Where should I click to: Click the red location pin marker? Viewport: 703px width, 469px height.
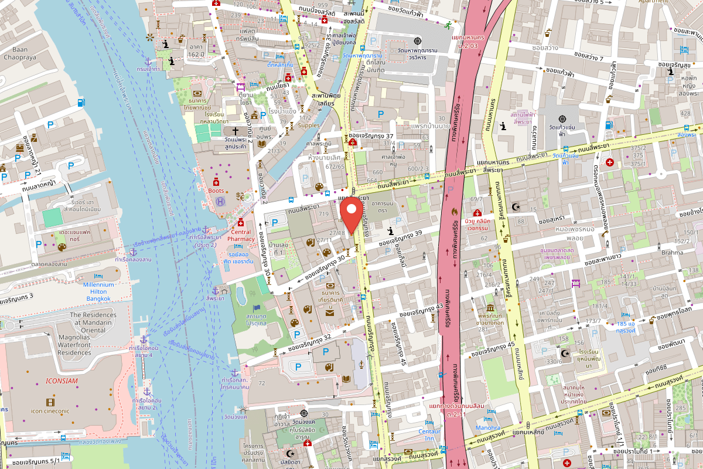click(x=351, y=215)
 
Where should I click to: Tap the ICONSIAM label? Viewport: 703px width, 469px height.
click(x=62, y=381)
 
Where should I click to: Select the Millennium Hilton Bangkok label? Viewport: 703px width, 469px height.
click(x=90, y=291)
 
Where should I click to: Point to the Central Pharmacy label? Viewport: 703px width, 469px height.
click(x=239, y=236)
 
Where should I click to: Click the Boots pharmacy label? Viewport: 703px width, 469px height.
click(x=216, y=191)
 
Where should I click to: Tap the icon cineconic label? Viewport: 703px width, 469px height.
click(x=50, y=411)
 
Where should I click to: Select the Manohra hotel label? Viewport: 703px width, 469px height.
click(x=487, y=428)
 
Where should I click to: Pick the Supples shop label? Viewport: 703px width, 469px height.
click(x=309, y=125)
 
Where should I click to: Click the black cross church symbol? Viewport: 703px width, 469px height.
click(x=236, y=131)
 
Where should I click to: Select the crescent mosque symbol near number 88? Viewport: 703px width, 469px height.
click(x=516, y=207)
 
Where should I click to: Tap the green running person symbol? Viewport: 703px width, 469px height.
click(x=448, y=25)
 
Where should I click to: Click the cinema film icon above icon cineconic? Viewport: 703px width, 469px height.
click(x=50, y=402)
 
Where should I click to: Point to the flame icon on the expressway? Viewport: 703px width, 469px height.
click(x=454, y=209)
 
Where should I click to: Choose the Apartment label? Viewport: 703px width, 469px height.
click(x=653, y=2)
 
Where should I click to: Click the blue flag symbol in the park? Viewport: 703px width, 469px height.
click(x=256, y=308)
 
